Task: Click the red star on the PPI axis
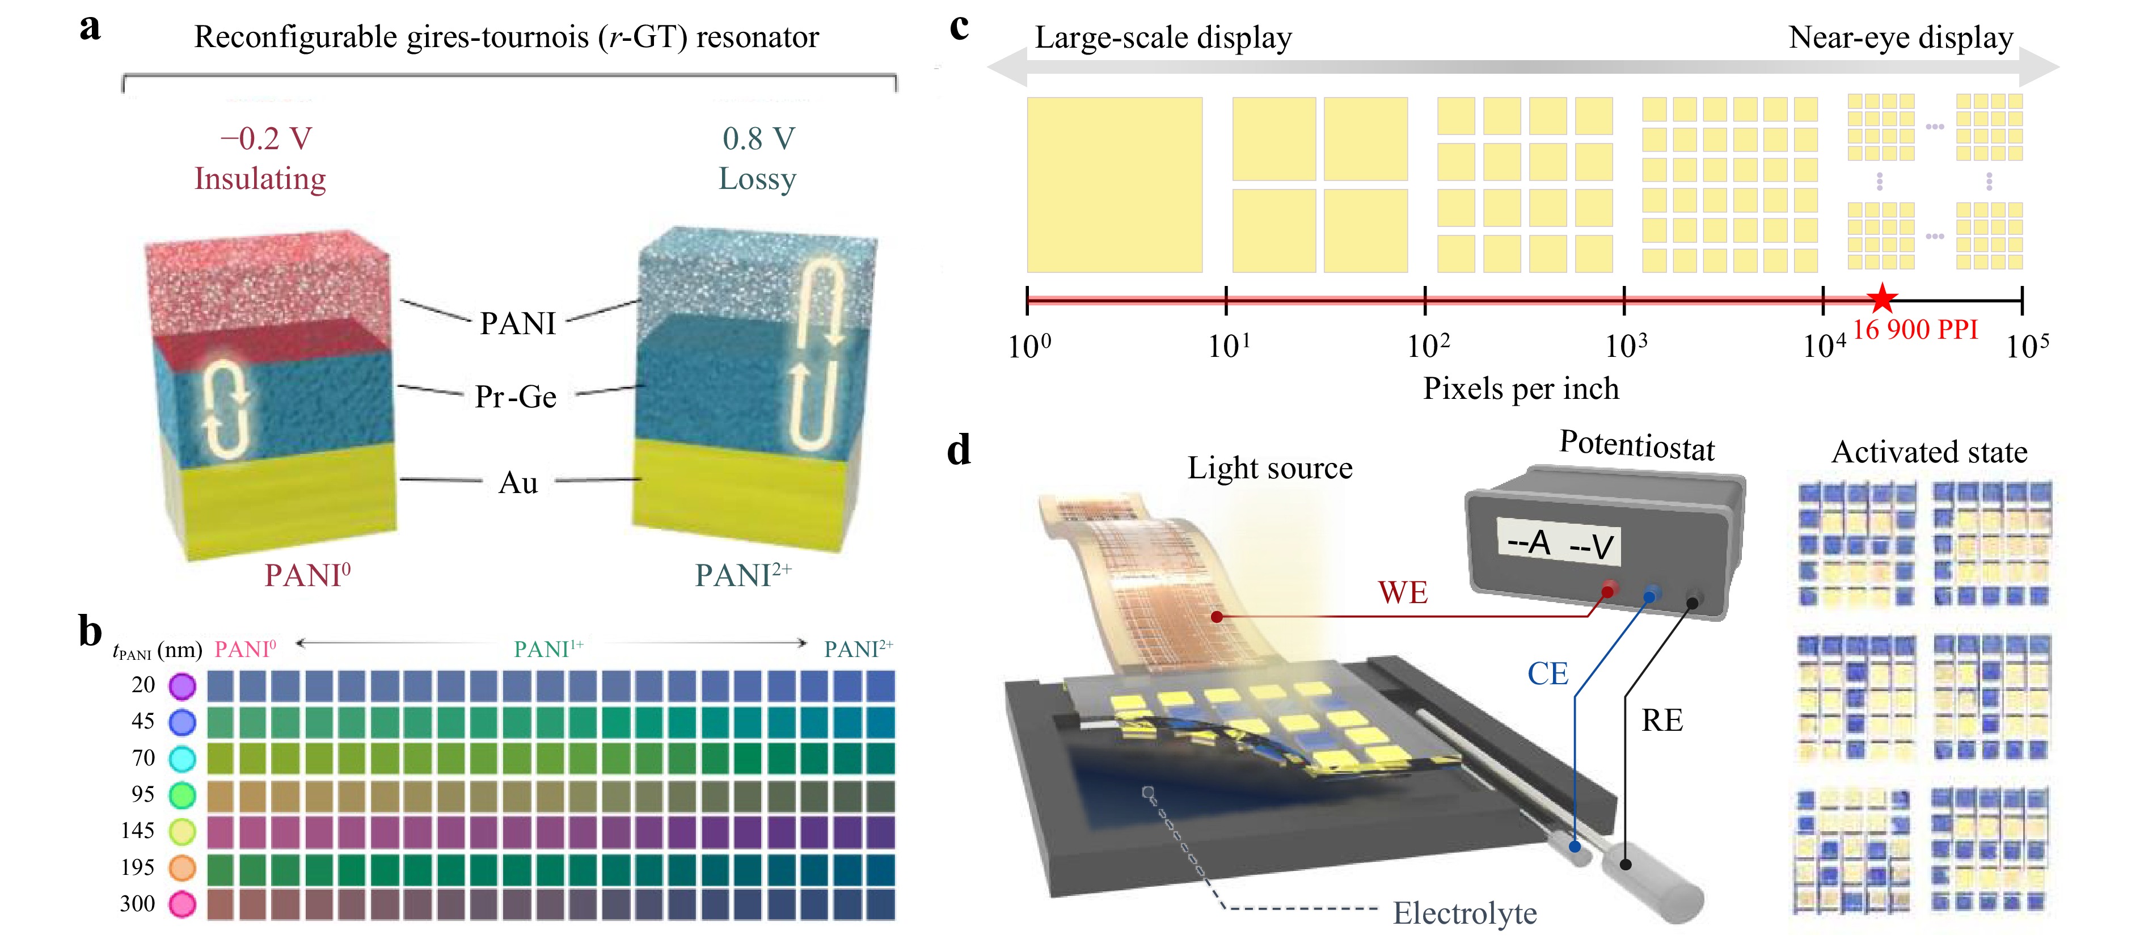point(1882,298)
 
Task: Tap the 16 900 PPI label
point(1915,330)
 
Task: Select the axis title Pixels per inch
point(1521,389)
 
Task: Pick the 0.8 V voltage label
point(758,138)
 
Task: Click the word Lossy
point(757,179)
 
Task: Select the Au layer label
point(518,483)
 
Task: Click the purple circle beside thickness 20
point(182,686)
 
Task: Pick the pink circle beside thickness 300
point(182,904)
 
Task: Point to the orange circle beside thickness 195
point(182,868)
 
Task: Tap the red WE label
point(1403,593)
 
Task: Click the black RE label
point(1661,720)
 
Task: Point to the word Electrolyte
point(1465,913)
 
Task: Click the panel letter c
point(959,27)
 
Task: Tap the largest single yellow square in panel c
point(1115,185)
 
